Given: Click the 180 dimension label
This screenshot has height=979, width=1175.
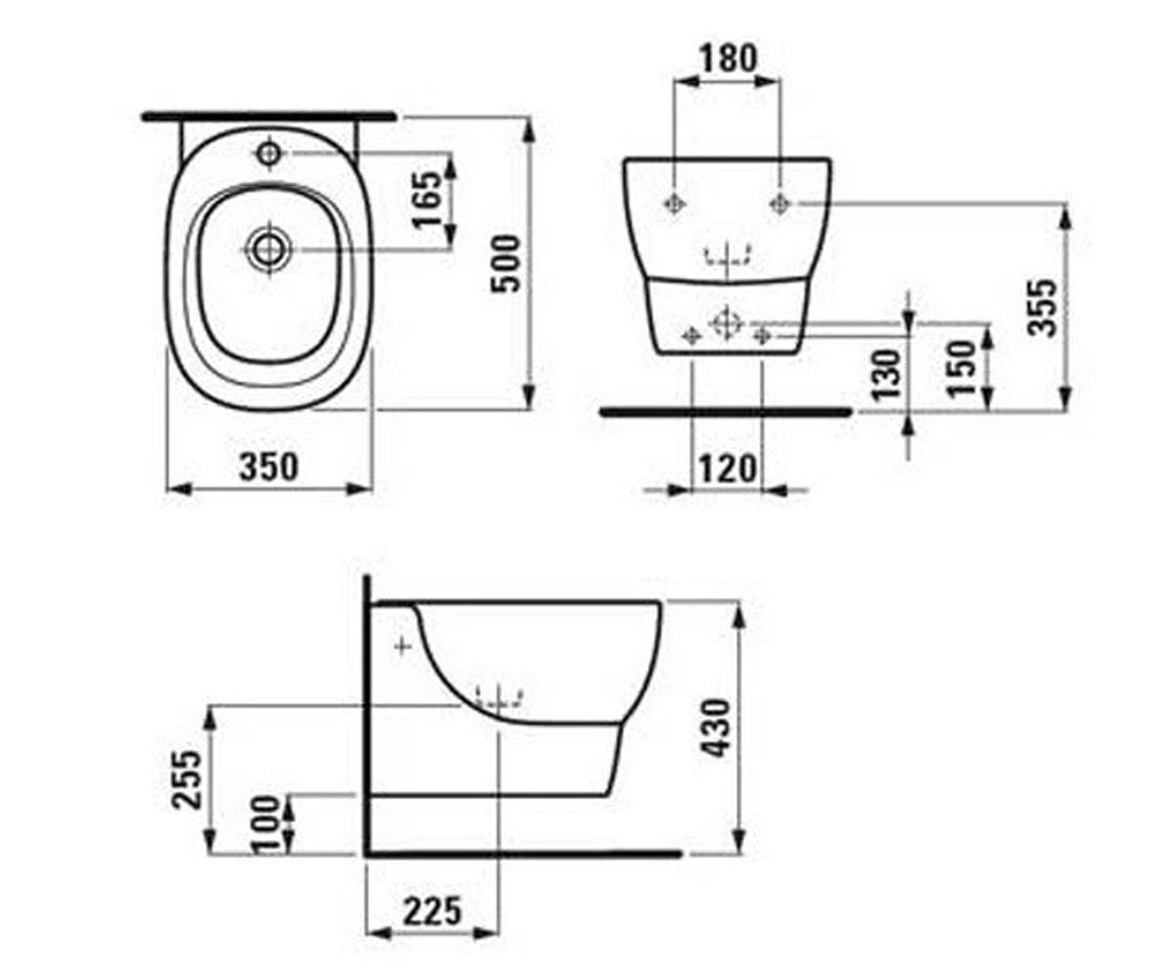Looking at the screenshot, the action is [728, 59].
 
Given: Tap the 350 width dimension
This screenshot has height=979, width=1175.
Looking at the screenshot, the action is [269, 467].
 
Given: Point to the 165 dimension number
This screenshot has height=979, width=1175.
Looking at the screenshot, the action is [428, 199].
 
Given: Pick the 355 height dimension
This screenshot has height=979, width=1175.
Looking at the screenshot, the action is [1042, 307].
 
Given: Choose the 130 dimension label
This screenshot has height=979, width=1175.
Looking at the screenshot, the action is [886, 374].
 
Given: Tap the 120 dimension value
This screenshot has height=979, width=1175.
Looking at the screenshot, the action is [728, 470].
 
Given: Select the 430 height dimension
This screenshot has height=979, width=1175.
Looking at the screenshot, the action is [717, 728].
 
